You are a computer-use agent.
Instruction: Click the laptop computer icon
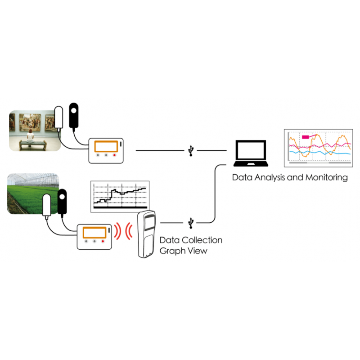click(x=251, y=154)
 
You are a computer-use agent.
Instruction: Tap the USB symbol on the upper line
click(x=192, y=150)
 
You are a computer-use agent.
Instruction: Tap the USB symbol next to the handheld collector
click(x=192, y=222)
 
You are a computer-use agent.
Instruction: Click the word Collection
click(x=202, y=240)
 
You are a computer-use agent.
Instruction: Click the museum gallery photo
click(x=35, y=130)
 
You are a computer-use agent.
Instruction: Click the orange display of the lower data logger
click(x=94, y=233)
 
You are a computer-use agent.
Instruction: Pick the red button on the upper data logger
click(x=115, y=155)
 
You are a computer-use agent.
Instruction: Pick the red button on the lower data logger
click(x=103, y=241)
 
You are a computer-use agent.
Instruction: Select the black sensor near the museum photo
click(x=73, y=115)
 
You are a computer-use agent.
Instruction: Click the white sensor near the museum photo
click(x=59, y=118)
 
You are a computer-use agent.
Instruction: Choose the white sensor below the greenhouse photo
click(x=46, y=206)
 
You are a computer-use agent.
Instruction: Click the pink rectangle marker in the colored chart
click(x=306, y=137)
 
